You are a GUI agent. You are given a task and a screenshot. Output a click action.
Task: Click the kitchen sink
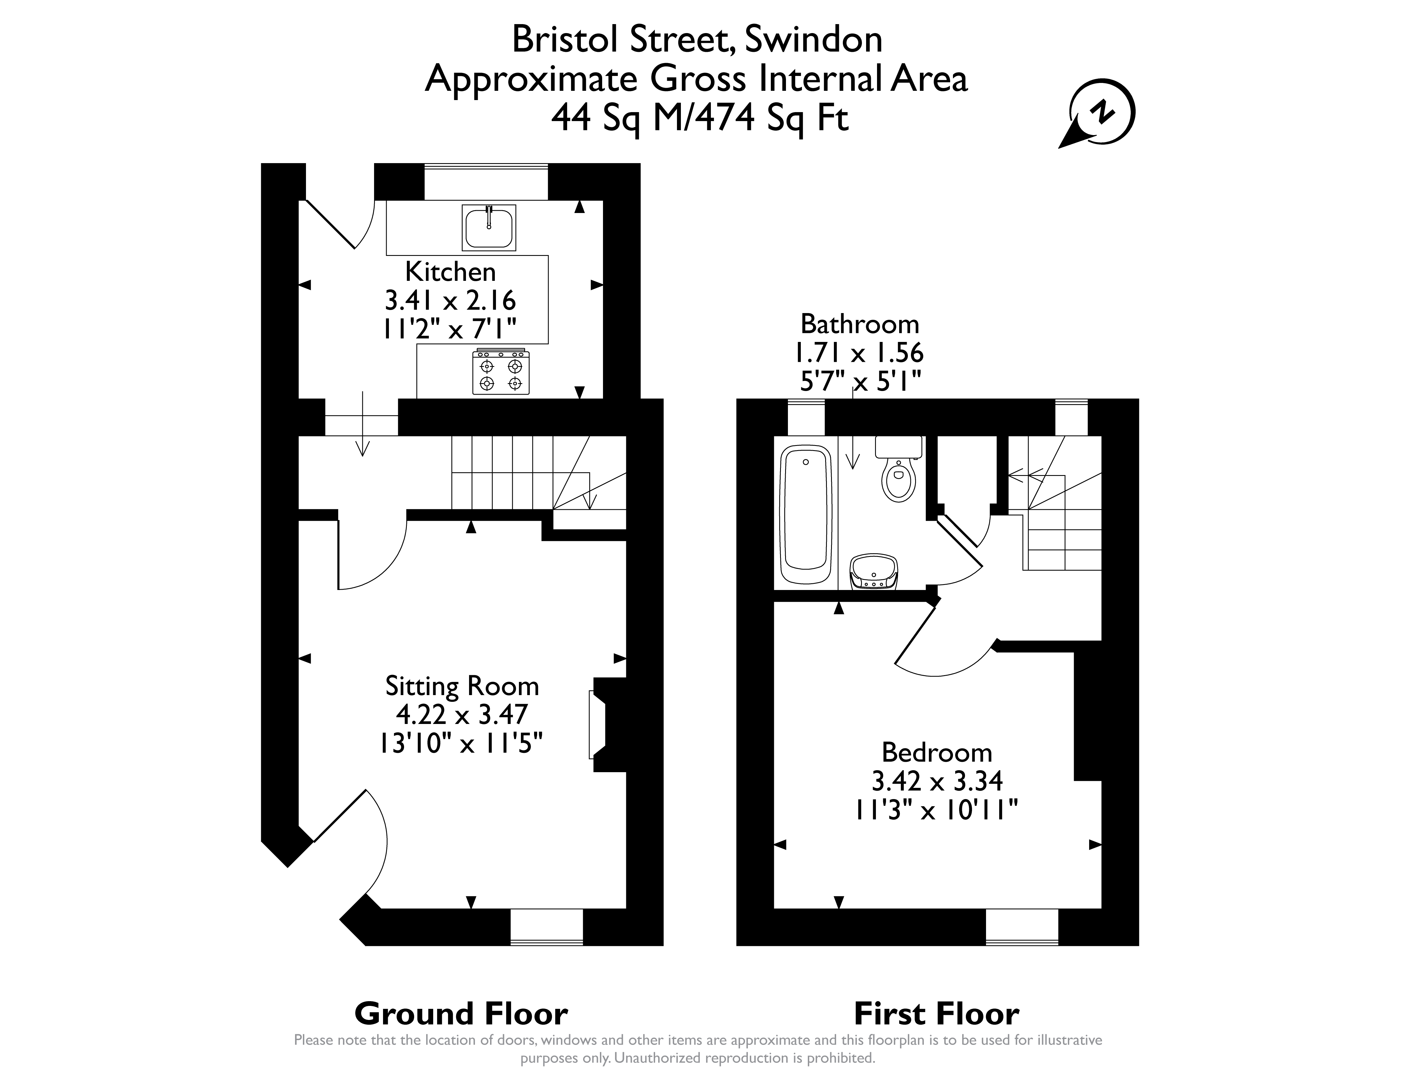[489, 228]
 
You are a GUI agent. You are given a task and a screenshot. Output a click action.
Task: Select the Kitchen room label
[450, 272]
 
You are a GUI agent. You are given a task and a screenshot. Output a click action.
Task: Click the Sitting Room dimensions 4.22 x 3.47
[462, 713]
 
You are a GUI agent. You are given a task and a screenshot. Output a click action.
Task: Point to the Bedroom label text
[936, 752]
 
